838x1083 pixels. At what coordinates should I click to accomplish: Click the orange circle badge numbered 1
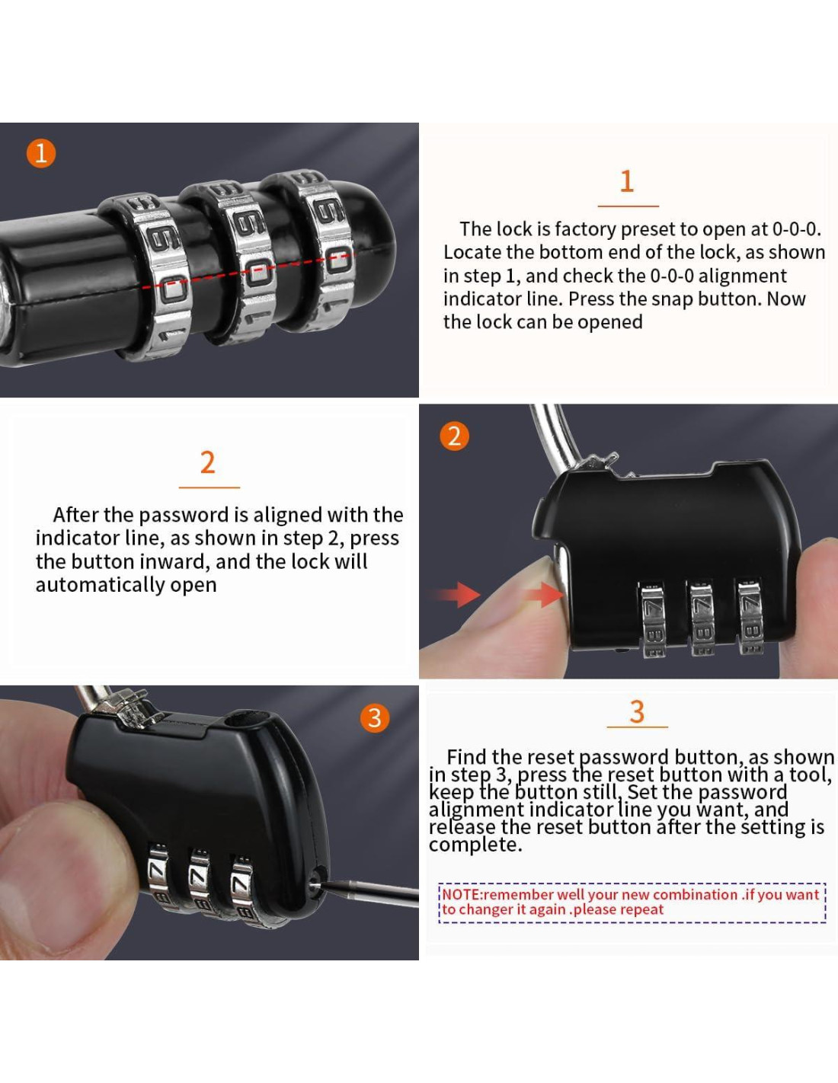pos(41,153)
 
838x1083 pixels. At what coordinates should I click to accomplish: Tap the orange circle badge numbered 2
pos(453,436)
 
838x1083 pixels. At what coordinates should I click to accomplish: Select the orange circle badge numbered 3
pos(374,718)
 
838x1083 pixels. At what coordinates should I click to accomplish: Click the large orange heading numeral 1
pos(627,181)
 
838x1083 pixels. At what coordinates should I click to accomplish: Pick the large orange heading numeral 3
pos(637,711)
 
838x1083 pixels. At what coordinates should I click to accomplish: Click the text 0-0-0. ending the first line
pos(796,228)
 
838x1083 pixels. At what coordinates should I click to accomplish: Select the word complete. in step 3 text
pos(475,845)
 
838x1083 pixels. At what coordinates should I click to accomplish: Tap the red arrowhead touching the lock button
pos(545,595)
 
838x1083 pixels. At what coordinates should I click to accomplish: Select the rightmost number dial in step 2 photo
pos(752,615)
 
